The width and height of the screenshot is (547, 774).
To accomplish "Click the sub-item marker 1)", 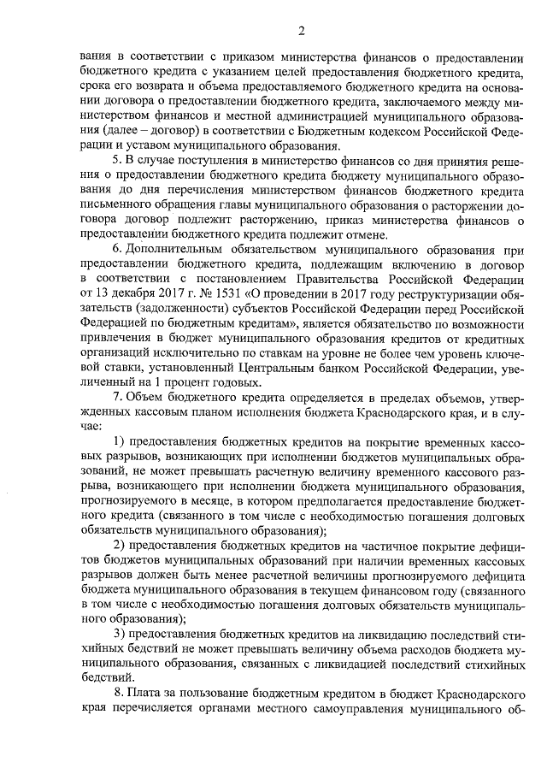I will [x=120, y=441].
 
